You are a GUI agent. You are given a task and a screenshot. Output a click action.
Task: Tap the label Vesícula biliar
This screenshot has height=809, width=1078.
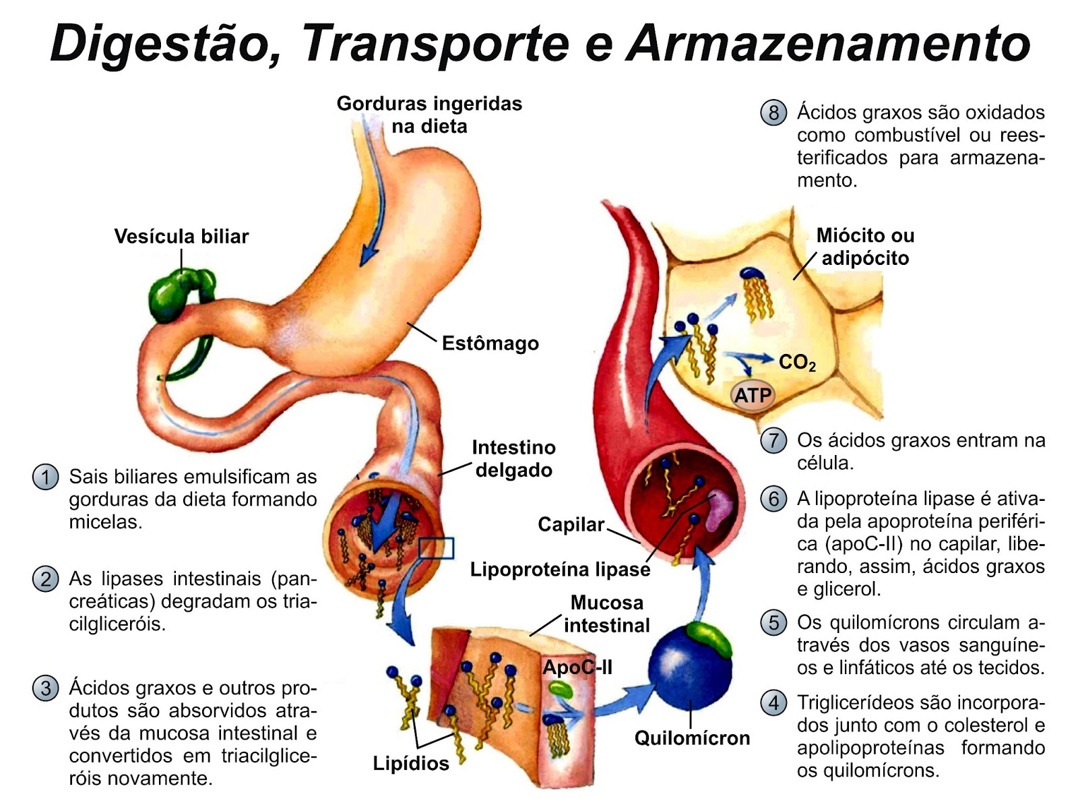(x=181, y=237)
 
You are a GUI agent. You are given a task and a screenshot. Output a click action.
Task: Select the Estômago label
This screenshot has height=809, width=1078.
(x=490, y=344)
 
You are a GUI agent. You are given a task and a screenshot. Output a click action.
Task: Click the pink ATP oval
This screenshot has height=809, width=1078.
(x=753, y=395)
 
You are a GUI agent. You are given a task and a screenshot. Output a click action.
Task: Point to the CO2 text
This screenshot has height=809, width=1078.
(x=797, y=363)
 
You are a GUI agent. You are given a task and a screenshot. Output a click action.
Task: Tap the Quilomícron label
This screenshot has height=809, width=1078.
(x=692, y=738)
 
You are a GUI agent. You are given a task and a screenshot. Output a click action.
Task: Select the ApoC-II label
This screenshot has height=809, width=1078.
(x=577, y=667)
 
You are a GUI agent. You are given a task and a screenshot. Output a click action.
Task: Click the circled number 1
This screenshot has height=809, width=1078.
(x=45, y=477)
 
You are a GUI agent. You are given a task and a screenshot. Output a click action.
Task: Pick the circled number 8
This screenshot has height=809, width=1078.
(x=773, y=113)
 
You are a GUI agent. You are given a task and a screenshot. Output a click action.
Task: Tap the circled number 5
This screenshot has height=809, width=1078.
(x=773, y=622)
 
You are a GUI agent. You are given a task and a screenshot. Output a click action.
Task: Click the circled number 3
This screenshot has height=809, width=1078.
(x=45, y=688)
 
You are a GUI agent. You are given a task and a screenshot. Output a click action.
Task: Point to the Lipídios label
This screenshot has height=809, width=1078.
(x=411, y=764)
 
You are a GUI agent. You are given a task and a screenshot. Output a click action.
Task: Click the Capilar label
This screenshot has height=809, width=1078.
(x=571, y=525)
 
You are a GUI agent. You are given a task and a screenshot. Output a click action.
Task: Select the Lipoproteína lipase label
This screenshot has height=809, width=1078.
(x=560, y=570)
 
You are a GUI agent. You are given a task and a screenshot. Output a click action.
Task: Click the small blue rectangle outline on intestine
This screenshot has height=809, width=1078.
(x=436, y=548)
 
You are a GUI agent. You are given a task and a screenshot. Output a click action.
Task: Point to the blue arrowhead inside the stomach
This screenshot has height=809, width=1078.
(x=368, y=256)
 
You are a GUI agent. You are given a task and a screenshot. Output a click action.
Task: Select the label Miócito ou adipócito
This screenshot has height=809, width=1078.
(x=865, y=247)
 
